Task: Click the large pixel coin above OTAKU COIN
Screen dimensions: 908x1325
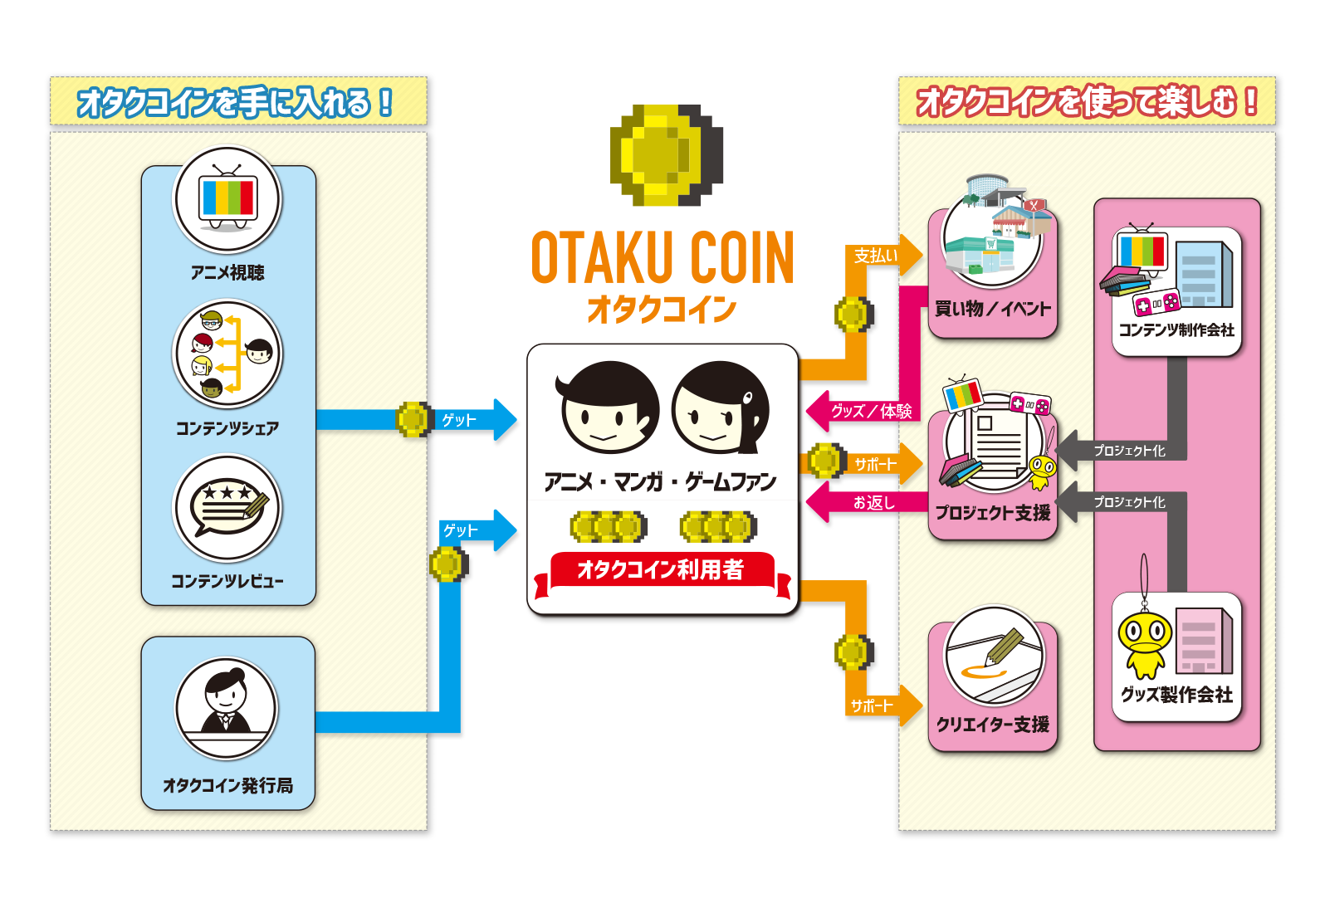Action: tap(666, 155)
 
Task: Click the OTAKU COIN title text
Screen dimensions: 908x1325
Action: tap(662, 258)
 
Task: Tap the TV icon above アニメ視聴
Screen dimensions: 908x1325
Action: tap(227, 200)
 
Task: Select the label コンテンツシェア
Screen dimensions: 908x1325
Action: tap(227, 428)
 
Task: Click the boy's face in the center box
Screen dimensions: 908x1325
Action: tap(609, 408)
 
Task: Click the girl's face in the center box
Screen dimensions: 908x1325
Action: tap(719, 408)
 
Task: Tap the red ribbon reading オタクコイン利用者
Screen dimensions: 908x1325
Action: tap(661, 570)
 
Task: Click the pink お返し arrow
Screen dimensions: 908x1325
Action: tap(868, 502)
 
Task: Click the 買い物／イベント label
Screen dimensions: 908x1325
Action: tap(992, 309)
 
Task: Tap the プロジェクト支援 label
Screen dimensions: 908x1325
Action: tap(992, 513)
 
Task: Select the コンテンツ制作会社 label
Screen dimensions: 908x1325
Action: tap(1176, 330)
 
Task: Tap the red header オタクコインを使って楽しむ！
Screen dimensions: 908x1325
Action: tap(1086, 102)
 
